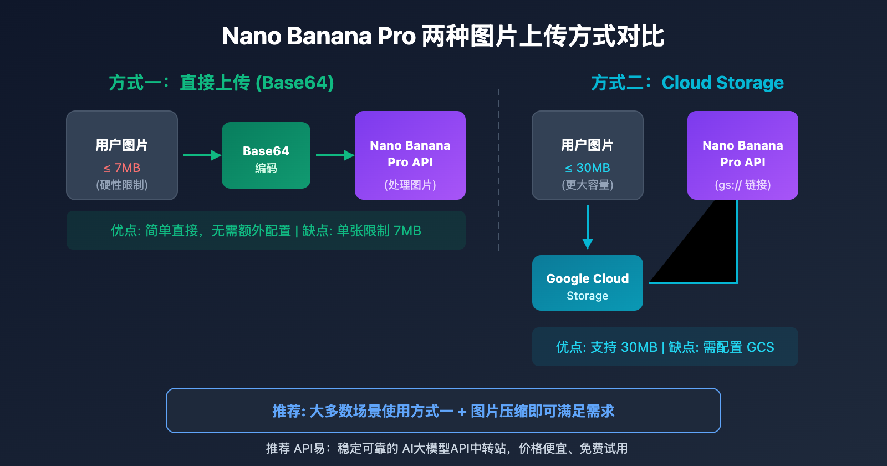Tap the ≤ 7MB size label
(122, 168)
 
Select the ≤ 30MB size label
(588, 168)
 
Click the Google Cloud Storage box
(588, 283)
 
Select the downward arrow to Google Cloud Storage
(588, 227)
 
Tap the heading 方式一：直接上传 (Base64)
(221, 83)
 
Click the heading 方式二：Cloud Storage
(687, 83)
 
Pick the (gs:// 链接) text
(743, 185)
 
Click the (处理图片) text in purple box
(410, 185)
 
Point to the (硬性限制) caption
(122, 185)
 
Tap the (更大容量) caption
(588, 185)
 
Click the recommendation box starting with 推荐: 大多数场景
(443, 411)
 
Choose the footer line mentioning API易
(446, 448)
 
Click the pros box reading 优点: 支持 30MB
(665, 347)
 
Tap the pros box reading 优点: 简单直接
(266, 230)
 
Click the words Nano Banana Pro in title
(319, 36)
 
